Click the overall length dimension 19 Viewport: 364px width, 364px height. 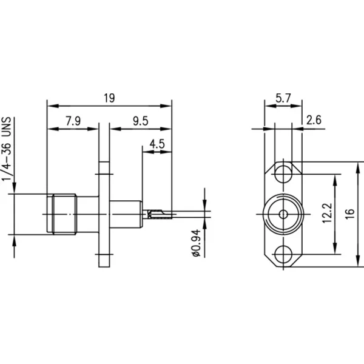[109, 98]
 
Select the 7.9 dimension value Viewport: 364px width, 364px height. [73, 121]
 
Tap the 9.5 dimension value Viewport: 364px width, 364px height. [141, 121]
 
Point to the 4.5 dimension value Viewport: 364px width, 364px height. [157, 144]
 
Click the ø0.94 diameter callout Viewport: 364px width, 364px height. [197, 243]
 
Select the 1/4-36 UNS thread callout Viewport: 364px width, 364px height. [7, 149]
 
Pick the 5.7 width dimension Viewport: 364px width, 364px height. [283, 98]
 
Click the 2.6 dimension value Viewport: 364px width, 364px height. [314, 120]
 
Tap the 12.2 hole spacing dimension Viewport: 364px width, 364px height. [328, 213]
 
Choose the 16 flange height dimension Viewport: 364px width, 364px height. [350, 214]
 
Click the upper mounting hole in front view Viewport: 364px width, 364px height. [283, 174]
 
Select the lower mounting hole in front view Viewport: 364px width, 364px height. [283, 254]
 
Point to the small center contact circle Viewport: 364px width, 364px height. [283, 214]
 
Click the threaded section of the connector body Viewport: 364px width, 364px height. [64, 214]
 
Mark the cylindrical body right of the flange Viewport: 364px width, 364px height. [126, 214]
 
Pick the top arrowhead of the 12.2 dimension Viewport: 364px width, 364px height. [335, 180]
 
